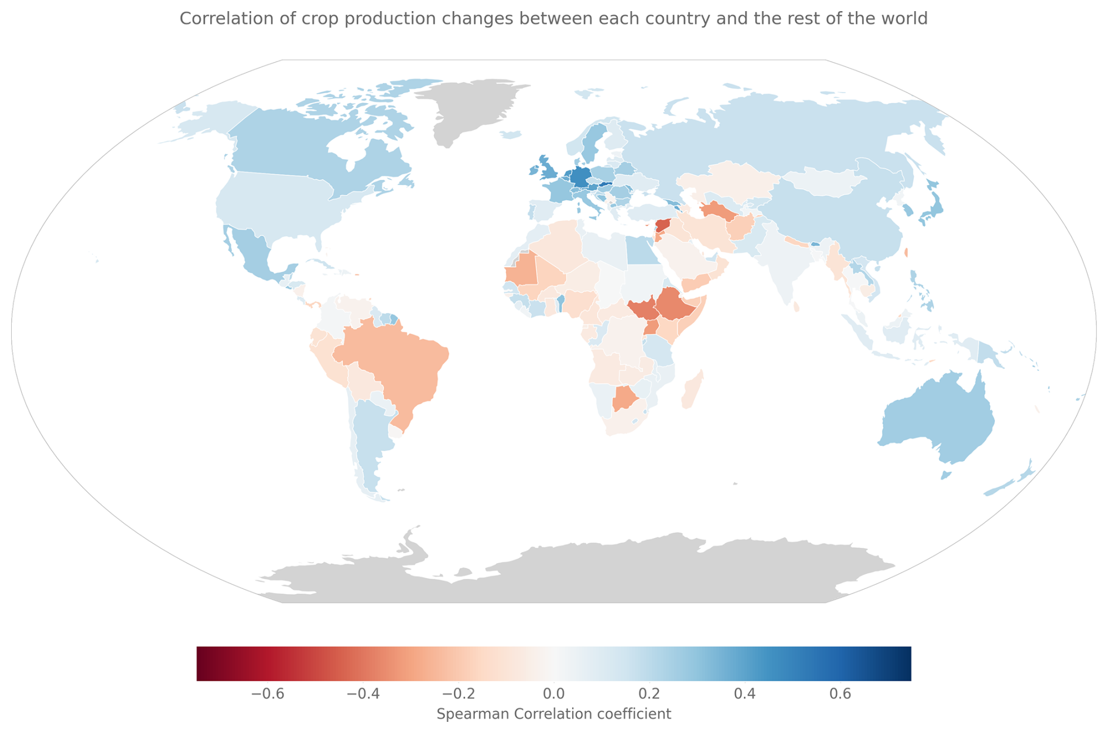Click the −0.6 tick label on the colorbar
[x=268, y=694]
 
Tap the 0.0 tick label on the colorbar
[x=553, y=694]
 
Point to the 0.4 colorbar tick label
[x=745, y=694]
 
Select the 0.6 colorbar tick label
[x=840, y=694]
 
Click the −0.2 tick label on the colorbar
[x=459, y=694]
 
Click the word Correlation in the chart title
[x=216, y=19]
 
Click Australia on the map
[x=937, y=419]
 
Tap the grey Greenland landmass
[x=468, y=108]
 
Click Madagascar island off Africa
[x=693, y=390]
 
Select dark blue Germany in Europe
[x=581, y=175]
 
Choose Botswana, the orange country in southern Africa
[x=624, y=398]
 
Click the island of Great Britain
[x=551, y=171]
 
